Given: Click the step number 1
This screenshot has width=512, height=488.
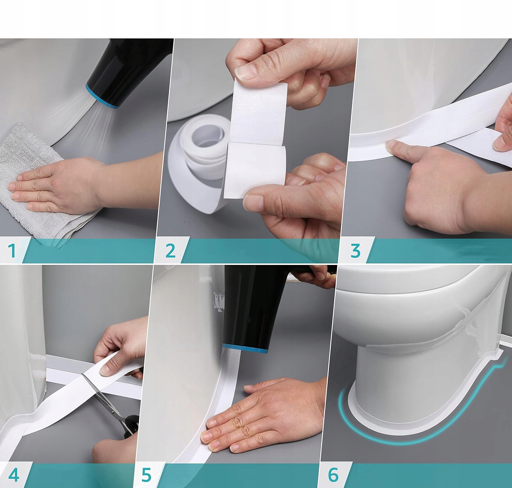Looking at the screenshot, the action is (x=12, y=250).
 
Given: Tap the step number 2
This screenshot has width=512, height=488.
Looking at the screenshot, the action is (x=170, y=251).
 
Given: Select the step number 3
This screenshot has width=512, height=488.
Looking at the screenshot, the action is (x=355, y=251).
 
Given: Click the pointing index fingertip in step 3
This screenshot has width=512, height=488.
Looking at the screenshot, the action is (x=390, y=145).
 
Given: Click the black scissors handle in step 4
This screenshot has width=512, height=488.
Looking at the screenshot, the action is (x=130, y=427).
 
